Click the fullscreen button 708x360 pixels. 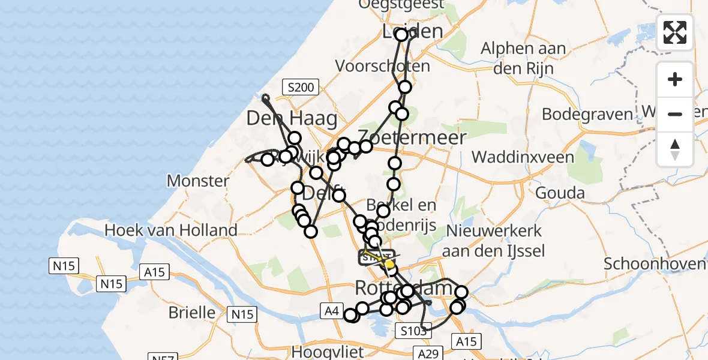tap(675, 32)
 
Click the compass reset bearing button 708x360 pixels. tap(675, 149)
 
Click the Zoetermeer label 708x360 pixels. tap(412, 137)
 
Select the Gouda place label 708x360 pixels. tap(560, 193)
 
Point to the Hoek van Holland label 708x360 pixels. tap(171, 229)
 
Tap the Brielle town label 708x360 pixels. tap(192, 313)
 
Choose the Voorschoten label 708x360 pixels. tap(383, 66)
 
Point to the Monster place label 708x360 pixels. tap(198, 181)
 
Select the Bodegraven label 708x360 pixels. tap(587, 114)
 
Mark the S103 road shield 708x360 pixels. tap(413, 330)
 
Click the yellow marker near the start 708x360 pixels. tap(389, 263)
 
